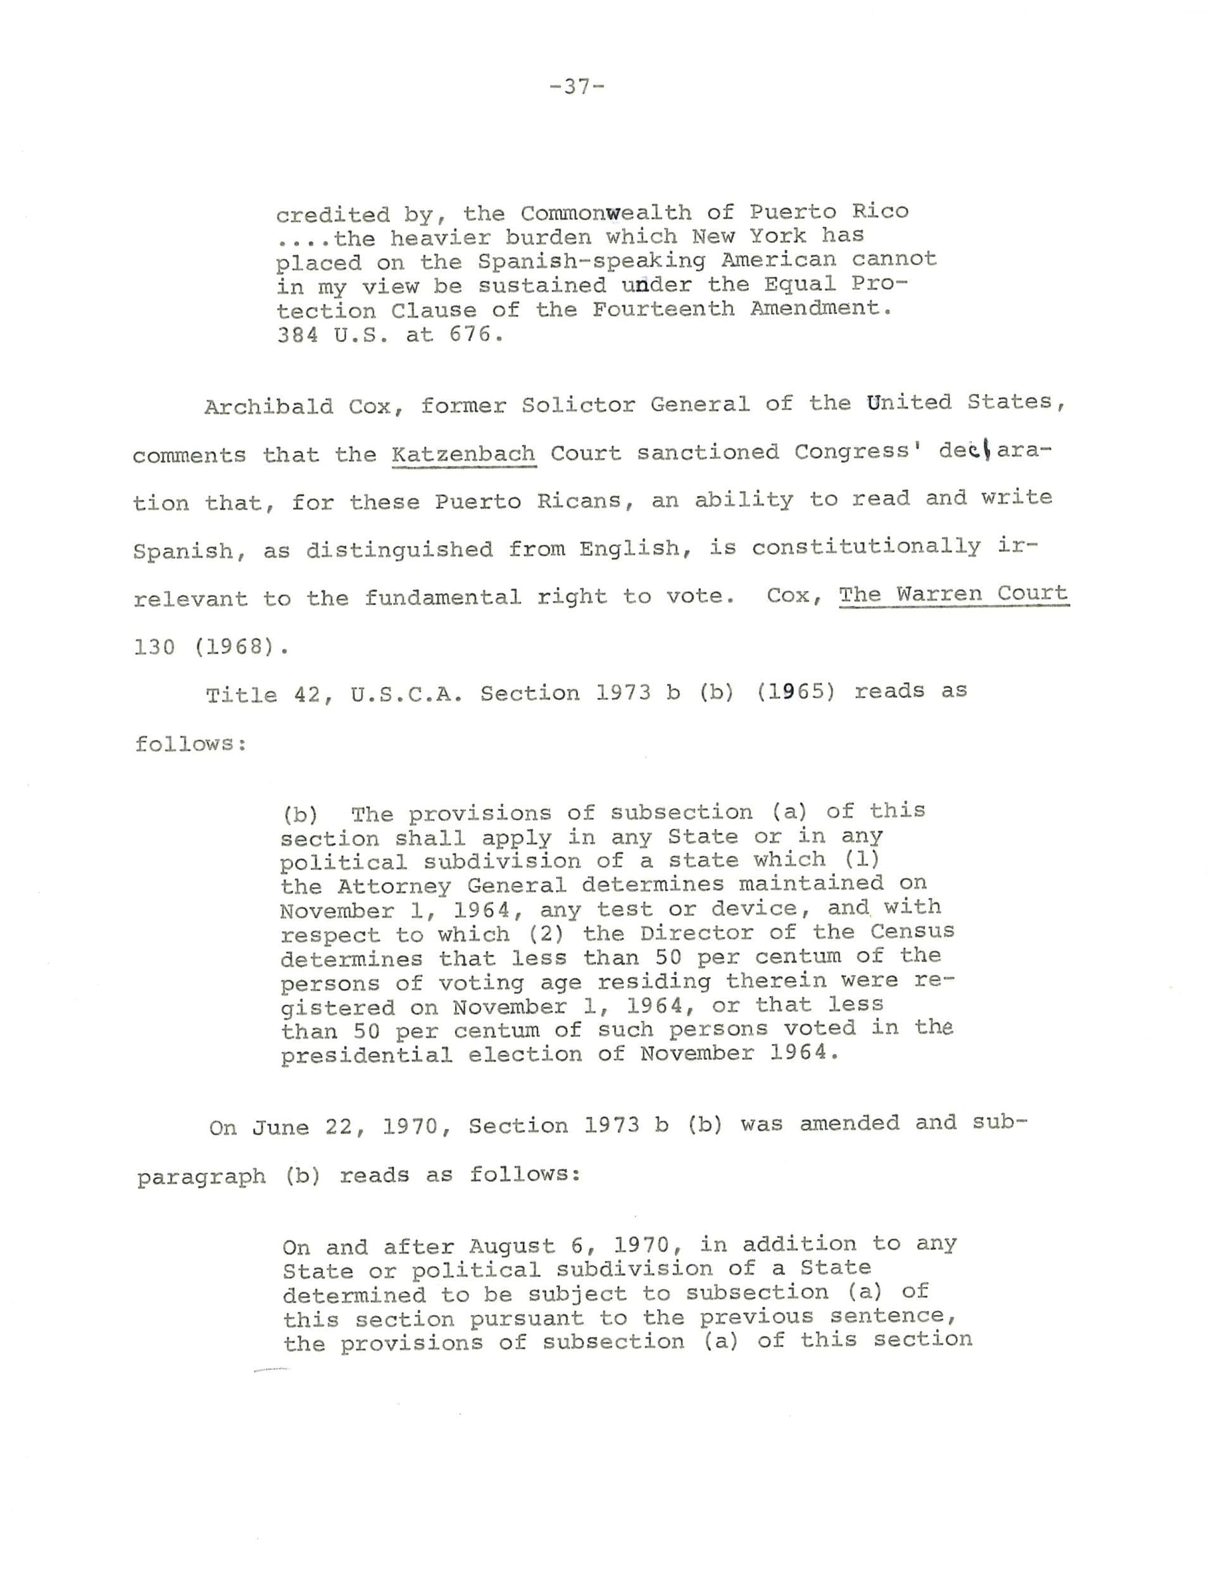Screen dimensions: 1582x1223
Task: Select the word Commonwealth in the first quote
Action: click(x=606, y=213)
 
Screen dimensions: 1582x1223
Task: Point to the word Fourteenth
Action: click(x=663, y=309)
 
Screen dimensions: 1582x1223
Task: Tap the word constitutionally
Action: click(x=866, y=547)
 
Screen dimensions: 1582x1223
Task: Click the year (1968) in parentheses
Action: click(x=234, y=647)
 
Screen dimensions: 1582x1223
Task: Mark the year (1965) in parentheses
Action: click(x=796, y=692)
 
